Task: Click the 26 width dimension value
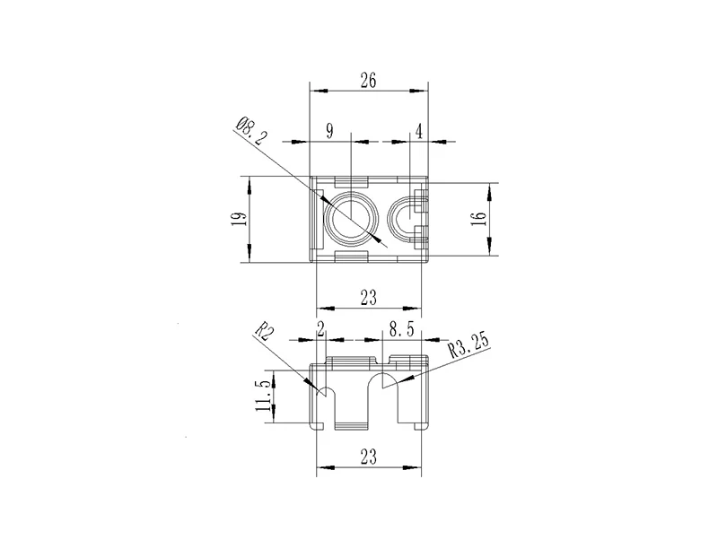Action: tap(368, 81)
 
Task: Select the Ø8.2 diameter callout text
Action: tap(251, 131)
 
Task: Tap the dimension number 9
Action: tap(329, 131)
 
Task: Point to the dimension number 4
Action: tap(418, 131)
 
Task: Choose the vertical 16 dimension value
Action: tap(477, 218)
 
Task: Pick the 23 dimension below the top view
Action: tap(369, 298)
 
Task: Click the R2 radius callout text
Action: tap(265, 331)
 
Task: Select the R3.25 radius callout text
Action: tap(468, 345)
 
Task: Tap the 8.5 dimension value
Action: tap(401, 329)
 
